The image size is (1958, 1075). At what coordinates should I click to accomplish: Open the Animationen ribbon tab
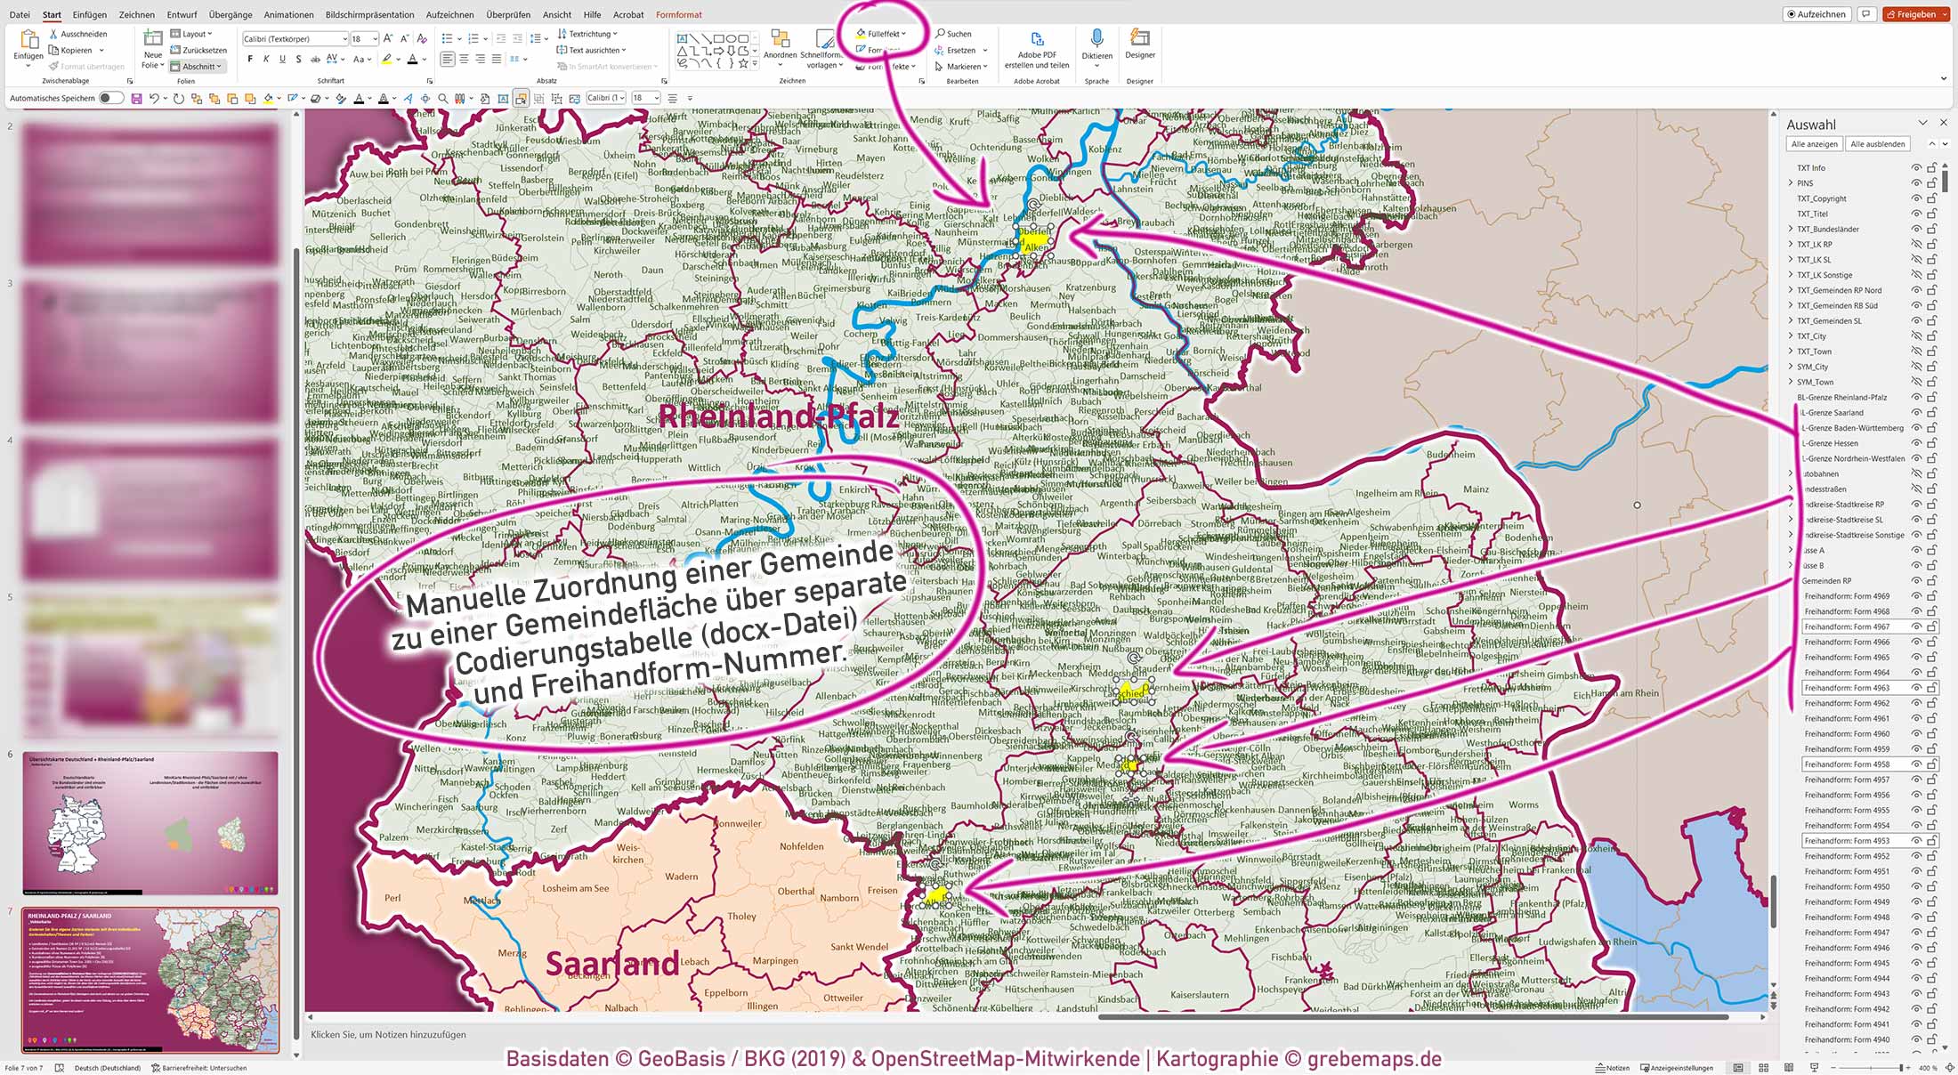288,14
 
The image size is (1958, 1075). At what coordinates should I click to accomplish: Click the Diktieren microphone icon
1096,39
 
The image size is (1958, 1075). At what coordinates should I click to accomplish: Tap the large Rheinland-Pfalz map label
778,416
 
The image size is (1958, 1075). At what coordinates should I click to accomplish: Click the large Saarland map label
611,964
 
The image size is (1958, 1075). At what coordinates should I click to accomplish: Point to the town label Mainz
1476,489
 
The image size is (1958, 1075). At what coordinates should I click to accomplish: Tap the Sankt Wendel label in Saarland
859,947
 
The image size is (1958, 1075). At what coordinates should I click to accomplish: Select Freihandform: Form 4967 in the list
1847,627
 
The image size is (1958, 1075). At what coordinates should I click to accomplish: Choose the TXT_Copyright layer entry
1821,198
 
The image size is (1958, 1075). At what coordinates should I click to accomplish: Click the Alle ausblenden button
1877,144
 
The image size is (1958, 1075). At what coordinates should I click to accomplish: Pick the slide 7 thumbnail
150,979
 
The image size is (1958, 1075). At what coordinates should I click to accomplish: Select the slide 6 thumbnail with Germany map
150,823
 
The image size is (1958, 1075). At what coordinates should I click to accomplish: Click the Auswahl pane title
1810,125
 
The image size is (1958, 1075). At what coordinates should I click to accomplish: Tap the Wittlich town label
703,467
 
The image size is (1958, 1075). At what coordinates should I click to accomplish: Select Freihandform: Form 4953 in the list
1847,841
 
